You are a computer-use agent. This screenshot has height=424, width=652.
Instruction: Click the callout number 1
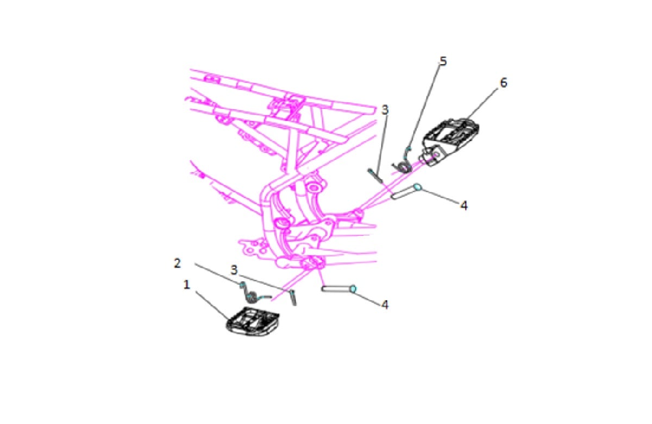[x=187, y=285]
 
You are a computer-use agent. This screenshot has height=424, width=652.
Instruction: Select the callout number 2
[x=177, y=263]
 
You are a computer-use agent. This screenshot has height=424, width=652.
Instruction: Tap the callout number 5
[x=443, y=61]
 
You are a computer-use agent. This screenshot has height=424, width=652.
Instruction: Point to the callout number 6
[x=504, y=83]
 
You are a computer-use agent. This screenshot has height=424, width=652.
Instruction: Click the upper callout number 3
[x=385, y=110]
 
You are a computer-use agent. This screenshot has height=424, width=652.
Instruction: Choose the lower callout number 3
[x=234, y=270]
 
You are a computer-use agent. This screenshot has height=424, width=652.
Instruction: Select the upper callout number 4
[x=464, y=205]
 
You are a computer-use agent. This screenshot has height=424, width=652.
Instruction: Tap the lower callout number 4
[x=385, y=304]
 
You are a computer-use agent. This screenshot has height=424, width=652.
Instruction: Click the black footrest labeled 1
[x=253, y=322]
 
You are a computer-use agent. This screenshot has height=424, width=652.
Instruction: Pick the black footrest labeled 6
[x=450, y=141]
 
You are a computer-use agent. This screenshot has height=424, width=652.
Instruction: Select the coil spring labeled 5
[x=404, y=163]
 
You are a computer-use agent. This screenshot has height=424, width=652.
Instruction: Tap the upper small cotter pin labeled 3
[x=375, y=176]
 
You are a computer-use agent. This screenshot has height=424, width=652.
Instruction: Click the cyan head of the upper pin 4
[x=417, y=187]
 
